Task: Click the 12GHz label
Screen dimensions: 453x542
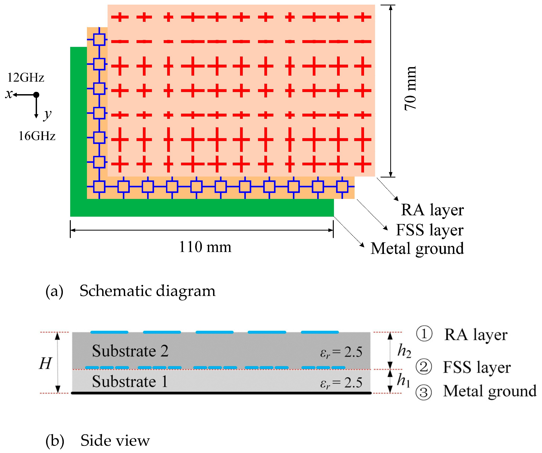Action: [26, 78]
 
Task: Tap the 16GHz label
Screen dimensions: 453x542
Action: [37, 136]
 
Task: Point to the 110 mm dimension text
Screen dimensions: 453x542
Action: [205, 247]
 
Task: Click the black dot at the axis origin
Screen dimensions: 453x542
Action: [36, 95]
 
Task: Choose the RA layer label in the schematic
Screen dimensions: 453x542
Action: [432, 210]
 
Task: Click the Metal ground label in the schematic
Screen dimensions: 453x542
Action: [417, 248]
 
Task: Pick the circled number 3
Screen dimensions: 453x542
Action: [424, 393]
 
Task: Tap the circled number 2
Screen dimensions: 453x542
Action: [424, 367]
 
